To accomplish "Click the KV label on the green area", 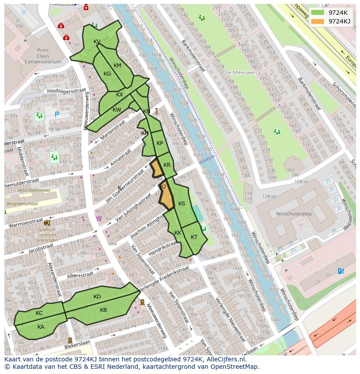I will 97,42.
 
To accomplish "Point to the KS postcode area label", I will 182,204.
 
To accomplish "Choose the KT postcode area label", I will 194,237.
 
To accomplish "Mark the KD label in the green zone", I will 97,297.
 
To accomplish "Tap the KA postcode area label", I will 41,327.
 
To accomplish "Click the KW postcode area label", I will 117,110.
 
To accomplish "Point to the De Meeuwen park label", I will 240,73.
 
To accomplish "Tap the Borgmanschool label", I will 22,203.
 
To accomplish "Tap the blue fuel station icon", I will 340,271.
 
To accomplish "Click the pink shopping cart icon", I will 99,218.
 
